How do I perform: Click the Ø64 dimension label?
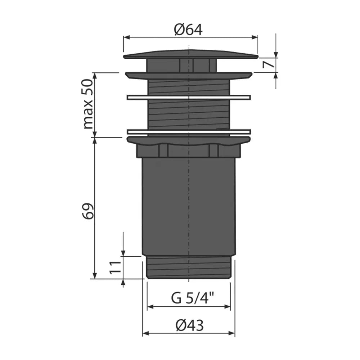point(188,30)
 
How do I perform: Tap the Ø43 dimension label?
point(190,325)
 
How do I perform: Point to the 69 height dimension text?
point(89,211)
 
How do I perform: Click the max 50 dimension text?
point(89,104)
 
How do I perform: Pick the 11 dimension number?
point(115,267)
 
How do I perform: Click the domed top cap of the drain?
point(190,54)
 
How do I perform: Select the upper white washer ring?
point(189,97)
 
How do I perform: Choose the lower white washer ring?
point(189,132)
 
